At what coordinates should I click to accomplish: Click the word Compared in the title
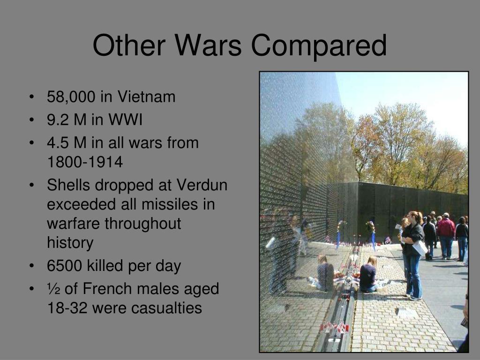point(319,46)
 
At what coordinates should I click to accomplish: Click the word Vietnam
point(146,97)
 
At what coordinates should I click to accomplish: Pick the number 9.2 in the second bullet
point(57,120)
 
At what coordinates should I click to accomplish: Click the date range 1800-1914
point(84,162)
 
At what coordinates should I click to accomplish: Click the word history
point(70,243)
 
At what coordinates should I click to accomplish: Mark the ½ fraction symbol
point(52,289)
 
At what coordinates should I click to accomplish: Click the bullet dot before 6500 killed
point(31,266)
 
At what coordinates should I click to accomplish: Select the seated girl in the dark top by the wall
point(368,276)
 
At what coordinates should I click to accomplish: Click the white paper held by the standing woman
point(420,247)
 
